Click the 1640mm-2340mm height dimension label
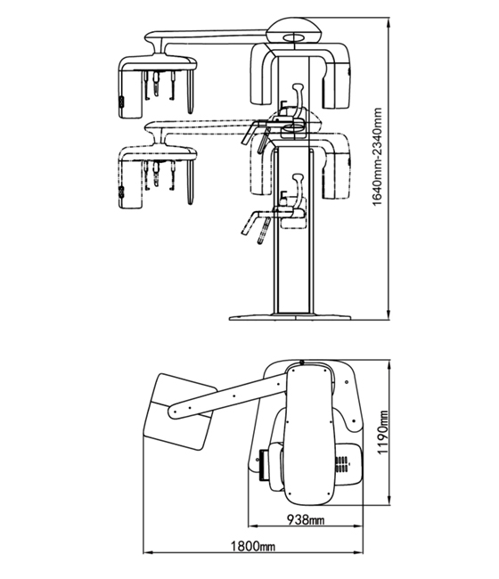[377, 157]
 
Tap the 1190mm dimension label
[383, 432]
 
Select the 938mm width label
[306, 520]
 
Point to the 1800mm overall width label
[253, 546]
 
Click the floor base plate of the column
[290, 317]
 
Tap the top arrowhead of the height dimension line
[388, 22]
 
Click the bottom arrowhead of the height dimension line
[388, 314]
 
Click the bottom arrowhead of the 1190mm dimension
[389, 500]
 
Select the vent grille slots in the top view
[341, 465]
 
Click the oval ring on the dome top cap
[294, 37]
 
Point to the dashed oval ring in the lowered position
[292, 128]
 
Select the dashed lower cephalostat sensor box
[130, 184]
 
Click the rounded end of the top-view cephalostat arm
[174, 412]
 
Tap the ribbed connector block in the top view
[264, 464]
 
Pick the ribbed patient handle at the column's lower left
[264, 231]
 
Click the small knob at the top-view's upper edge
[302, 363]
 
